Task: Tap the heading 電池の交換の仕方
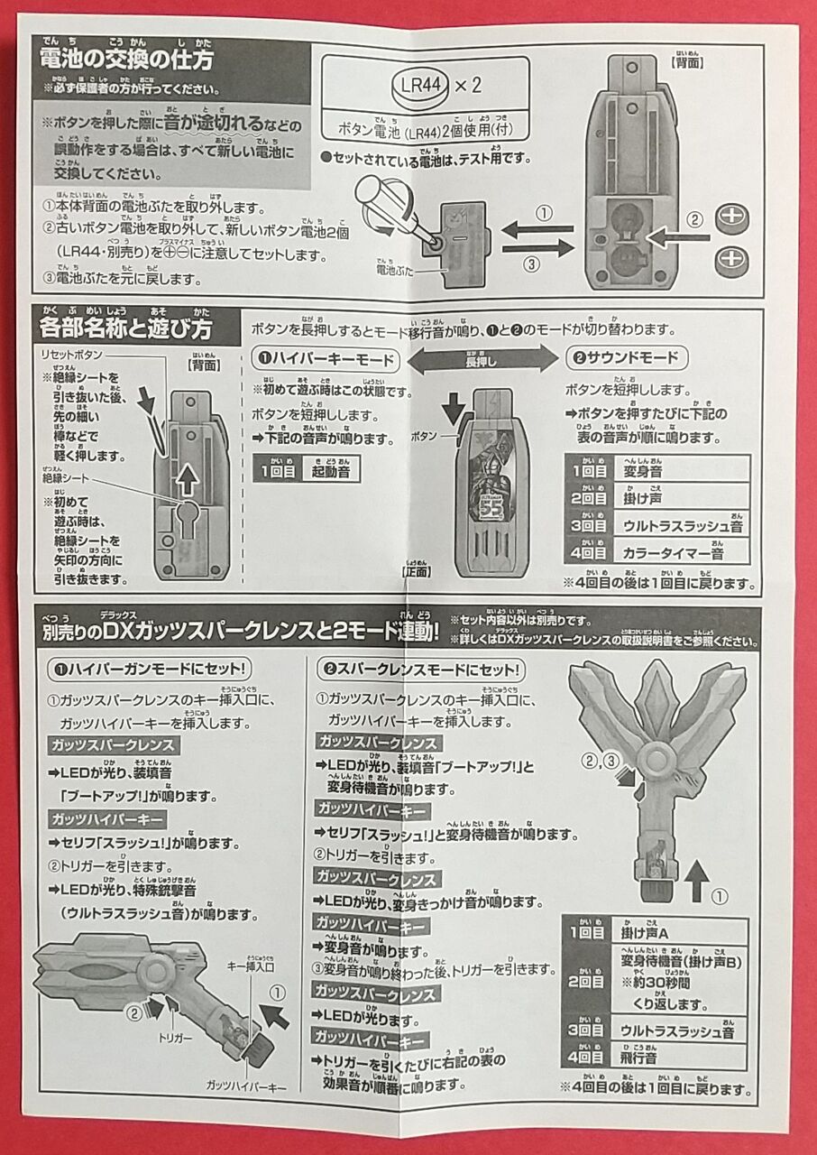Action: [127, 60]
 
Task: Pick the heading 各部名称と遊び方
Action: [127, 326]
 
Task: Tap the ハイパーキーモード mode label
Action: [324, 359]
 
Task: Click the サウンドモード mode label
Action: [628, 358]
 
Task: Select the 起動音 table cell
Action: [331, 471]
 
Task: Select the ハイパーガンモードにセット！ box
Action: [149, 670]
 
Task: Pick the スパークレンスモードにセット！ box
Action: [420, 670]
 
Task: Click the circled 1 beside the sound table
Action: [719, 897]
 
